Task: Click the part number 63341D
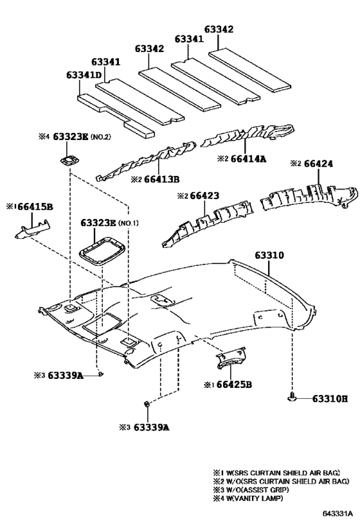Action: pos(84,75)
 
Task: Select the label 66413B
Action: pos(161,179)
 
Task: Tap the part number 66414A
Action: pos(248,159)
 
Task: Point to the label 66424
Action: pos(318,164)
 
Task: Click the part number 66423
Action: pos(204,195)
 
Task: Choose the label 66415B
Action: pos(35,207)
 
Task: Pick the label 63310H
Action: pos(330,399)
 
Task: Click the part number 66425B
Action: pos(234,385)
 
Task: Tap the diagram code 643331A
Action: pos(337,513)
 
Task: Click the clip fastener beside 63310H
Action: pos(292,398)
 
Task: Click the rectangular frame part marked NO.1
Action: pos(102,251)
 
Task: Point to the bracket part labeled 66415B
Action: pos(32,230)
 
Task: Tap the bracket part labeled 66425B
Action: pos(231,358)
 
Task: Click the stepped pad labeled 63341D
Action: pos(116,116)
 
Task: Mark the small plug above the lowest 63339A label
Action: pos(147,404)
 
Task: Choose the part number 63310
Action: pos(269,255)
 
